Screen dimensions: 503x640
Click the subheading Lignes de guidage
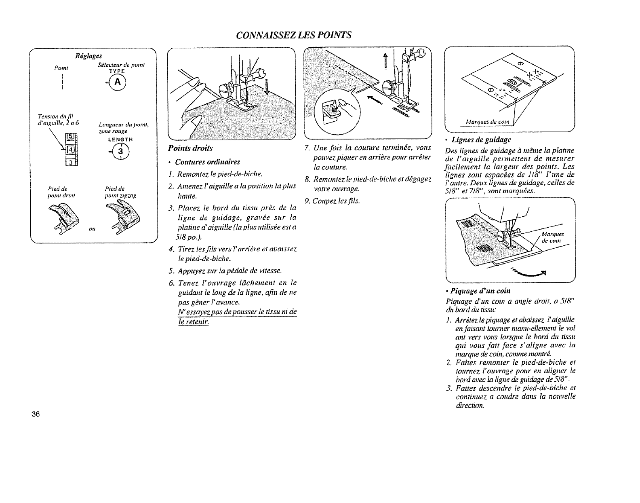pyautogui.click(x=483, y=139)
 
